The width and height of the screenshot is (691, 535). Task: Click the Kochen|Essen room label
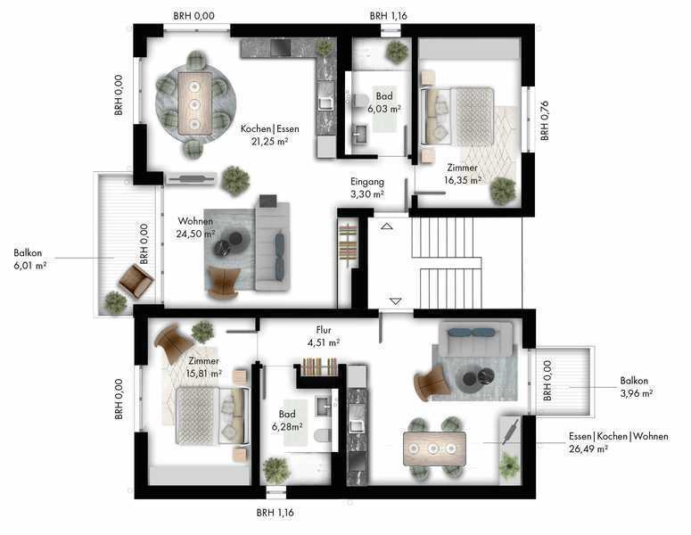[269, 129]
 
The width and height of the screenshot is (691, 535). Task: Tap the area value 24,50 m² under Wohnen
[195, 234]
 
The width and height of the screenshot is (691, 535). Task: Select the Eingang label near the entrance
[367, 182]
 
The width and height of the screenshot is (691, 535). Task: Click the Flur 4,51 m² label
[324, 336]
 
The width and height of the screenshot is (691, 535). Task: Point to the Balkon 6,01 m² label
[30, 259]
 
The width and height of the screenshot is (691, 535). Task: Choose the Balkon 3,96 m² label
[637, 387]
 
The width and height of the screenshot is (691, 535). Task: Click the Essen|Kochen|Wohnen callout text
[618, 436]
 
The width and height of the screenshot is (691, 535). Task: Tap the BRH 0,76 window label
[545, 120]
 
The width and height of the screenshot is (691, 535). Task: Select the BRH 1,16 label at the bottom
[275, 513]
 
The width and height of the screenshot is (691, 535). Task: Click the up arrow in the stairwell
[387, 226]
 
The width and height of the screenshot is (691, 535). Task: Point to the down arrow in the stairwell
[396, 301]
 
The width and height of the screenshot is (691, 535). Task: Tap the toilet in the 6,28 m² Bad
[323, 435]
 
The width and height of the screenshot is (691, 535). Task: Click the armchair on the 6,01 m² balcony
[136, 280]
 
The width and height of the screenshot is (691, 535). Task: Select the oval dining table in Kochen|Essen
[194, 103]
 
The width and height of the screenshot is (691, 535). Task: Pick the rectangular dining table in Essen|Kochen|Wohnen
[434, 449]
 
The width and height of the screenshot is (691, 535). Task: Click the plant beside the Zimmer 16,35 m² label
[503, 191]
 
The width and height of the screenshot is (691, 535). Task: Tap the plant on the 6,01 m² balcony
[115, 302]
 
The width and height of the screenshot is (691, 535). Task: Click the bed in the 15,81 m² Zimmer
[212, 416]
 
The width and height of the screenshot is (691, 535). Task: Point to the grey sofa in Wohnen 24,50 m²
[272, 246]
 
